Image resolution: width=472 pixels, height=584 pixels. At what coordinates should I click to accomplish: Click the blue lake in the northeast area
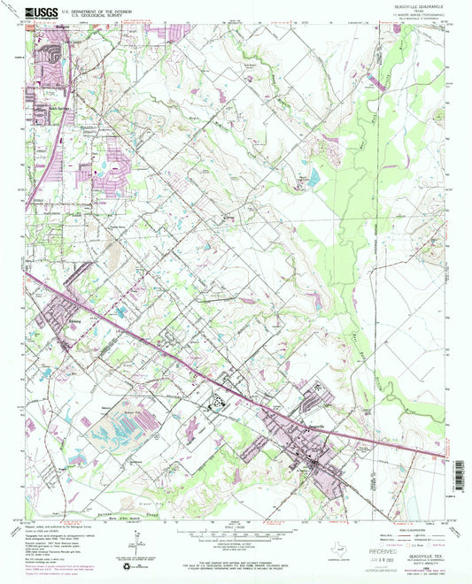[x=313, y=178]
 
